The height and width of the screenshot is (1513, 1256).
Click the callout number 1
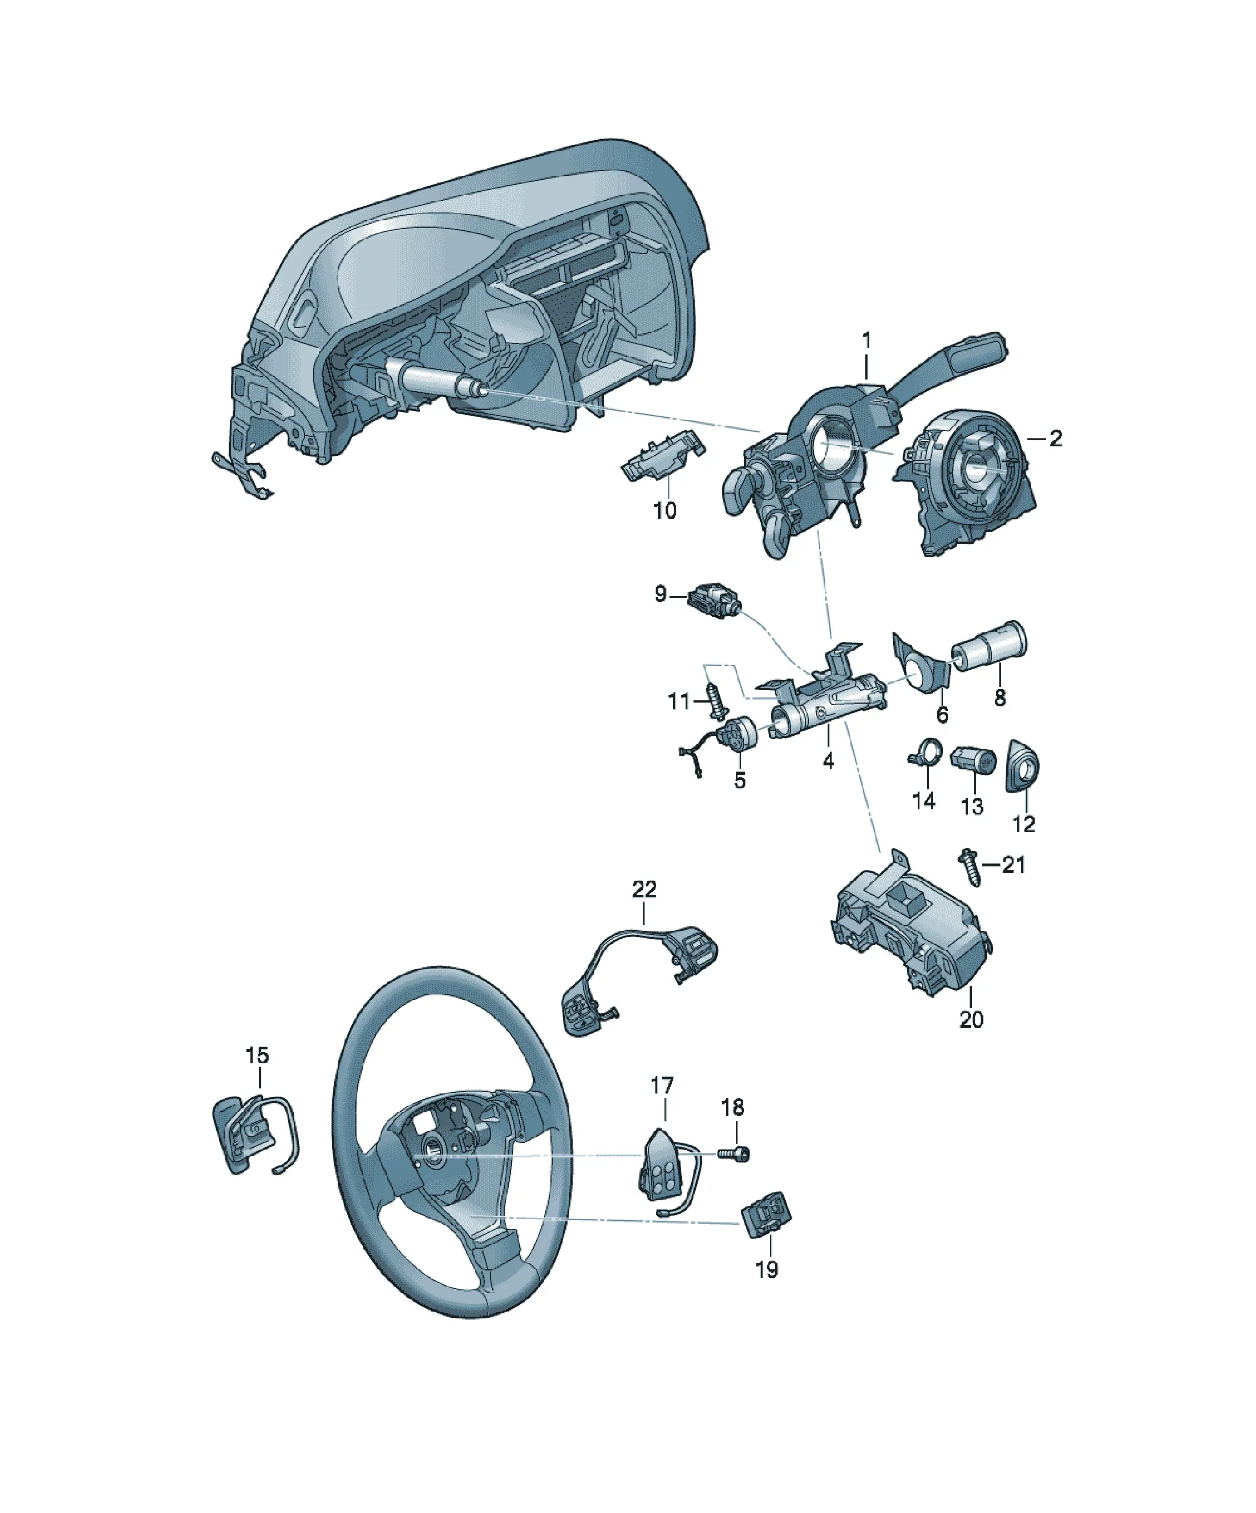click(x=866, y=340)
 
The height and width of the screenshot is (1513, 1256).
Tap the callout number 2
click(x=1055, y=438)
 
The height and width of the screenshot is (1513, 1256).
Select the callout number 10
click(x=664, y=510)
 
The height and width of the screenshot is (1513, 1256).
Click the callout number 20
click(x=971, y=1019)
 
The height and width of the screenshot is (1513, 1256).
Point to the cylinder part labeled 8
click(x=990, y=645)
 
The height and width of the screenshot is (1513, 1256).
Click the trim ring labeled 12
click(x=1023, y=765)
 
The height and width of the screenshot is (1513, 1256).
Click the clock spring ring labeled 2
click(x=966, y=481)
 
